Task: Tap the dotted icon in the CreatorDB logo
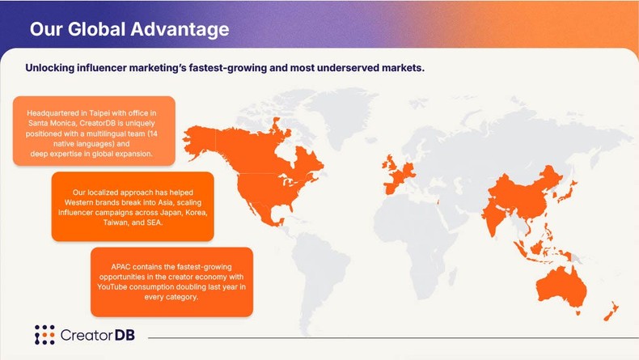(x=44, y=335)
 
